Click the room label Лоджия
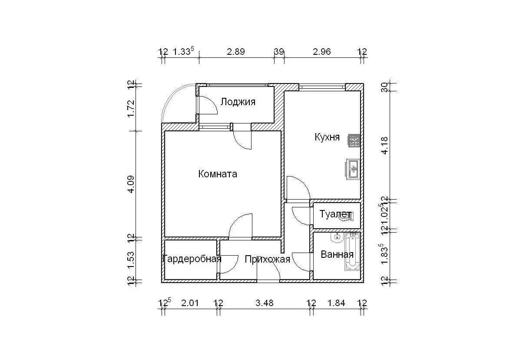click(x=238, y=102)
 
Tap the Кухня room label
click(x=327, y=137)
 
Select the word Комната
click(x=218, y=174)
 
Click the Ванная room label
click(x=337, y=254)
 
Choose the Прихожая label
click(x=267, y=260)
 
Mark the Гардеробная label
click(x=192, y=259)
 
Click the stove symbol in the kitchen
click(x=354, y=140)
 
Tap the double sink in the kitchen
click(x=353, y=170)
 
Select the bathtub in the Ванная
click(x=352, y=251)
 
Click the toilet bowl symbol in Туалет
click(x=349, y=216)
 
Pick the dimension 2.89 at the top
click(x=235, y=52)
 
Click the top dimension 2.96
click(x=321, y=52)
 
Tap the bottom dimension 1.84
click(x=336, y=303)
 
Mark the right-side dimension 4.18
click(x=384, y=145)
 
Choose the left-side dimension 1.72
click(x=131, y=109)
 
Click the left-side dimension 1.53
click(x=131, y=260)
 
